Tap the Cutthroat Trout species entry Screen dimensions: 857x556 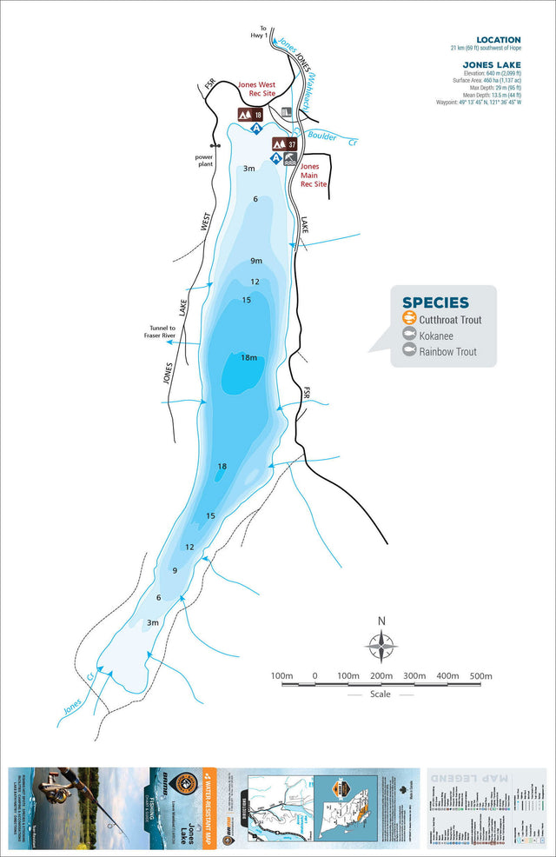(x=449, y=320)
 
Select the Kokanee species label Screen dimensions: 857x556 (x=439, y=335)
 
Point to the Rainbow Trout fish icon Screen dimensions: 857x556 (x=409, y=351)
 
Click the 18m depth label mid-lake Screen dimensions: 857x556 (x=248, y=357)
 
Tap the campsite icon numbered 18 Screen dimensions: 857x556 (x=250, y=114)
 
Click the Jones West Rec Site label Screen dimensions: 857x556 (x=256, y=90)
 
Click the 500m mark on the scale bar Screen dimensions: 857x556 (x=481, y=676)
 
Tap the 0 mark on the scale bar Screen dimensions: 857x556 (x=314, y=676)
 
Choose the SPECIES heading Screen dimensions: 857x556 (x=435, y=302)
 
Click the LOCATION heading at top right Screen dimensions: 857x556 (x=498, y=40)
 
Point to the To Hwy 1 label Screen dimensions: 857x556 (x=258, y=32)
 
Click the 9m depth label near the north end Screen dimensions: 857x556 (x=255, y=261)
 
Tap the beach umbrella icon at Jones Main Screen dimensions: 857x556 (x=290, y=159)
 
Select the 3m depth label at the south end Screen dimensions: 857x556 (x=153, y=622)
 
